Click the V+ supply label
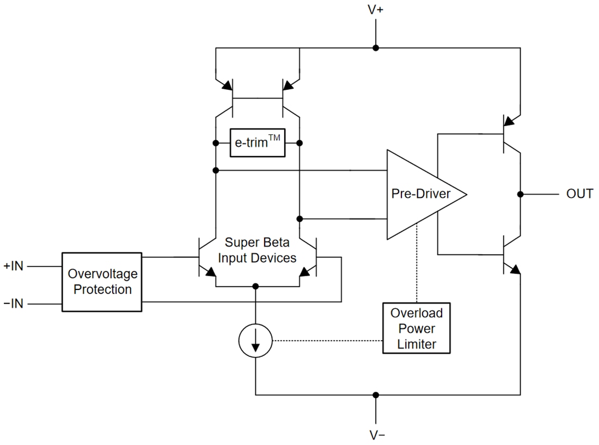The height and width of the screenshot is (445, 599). point(375,10)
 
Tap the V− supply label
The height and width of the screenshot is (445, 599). point(375,435)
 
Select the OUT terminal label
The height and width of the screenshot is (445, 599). point(579,194)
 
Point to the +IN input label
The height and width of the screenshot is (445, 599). point(13,267)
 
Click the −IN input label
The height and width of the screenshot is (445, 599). point(13,303)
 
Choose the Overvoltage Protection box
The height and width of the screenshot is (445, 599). point(102,282)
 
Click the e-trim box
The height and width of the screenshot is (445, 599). point(258,144)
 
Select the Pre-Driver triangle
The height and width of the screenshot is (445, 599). point(419,194)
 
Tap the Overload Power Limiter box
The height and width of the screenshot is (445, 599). point(417,329)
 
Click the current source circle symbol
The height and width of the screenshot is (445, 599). point(255,341)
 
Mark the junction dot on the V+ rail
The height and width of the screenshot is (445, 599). point(375,48)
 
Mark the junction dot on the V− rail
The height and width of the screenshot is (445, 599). point(375,395)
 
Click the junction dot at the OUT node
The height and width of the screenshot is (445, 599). point(521,194)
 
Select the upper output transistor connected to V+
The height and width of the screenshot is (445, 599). point(509,131)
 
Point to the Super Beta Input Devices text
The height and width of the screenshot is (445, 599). point(257,250)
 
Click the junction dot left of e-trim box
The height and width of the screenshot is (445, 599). point(216,144)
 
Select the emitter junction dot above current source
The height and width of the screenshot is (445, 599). point(255,286)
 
